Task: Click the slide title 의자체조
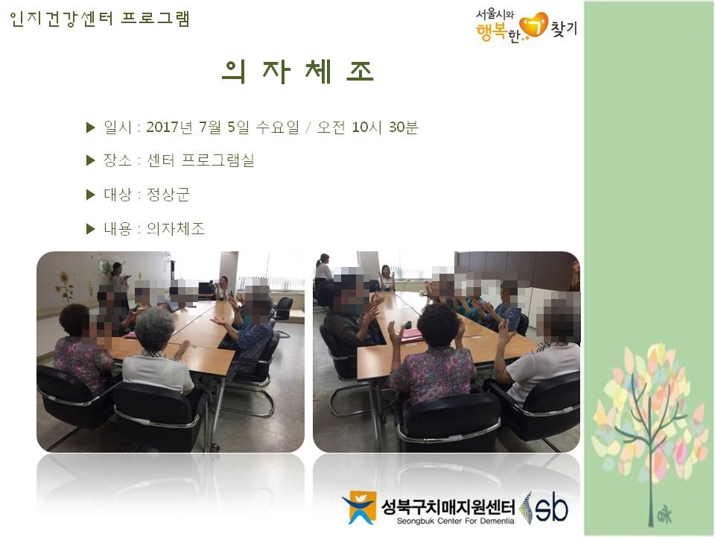[298, 72]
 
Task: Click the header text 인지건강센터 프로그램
[99, 19]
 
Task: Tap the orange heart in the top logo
[534, 25]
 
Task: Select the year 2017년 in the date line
[169, 127]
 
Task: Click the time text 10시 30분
[385, 127]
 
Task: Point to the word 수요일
[277, 127]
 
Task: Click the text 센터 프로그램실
[200, 160]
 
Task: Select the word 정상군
[168, 195]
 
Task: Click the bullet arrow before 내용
[90, 229]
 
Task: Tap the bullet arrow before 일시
[90, 128]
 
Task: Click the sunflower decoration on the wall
[65, 286]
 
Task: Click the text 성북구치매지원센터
[448, 506]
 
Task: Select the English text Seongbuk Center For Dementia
[455, 521]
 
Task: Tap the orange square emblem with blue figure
[359, 507]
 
